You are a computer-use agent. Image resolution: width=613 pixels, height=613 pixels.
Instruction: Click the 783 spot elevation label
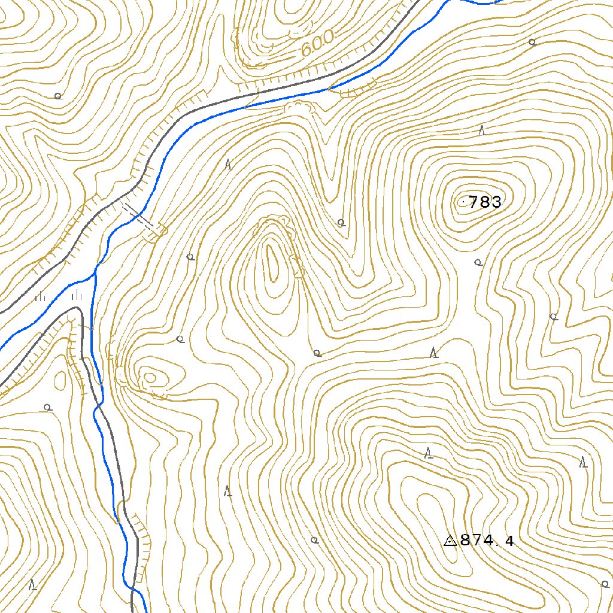tap(485, 202)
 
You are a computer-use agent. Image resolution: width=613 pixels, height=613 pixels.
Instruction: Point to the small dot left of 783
tap(465, 202)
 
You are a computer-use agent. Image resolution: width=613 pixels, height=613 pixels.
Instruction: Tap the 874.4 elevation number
tap(487, 541)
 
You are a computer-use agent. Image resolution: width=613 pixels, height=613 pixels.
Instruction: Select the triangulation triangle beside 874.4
tap(450, 541)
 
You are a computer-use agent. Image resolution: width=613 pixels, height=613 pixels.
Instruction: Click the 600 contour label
tap(317, 43)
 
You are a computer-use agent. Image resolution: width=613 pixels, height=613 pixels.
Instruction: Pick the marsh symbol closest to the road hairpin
tap(76, 295)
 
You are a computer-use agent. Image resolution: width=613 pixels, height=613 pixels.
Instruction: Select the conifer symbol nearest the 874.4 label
tap(428, 454)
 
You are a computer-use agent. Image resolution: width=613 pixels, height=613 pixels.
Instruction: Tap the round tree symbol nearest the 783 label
tap(478, 262)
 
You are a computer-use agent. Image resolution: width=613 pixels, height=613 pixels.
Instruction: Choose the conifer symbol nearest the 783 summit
tap(481, 131)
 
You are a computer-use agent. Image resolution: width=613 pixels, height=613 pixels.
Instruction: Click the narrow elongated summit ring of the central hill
tap(272, 263)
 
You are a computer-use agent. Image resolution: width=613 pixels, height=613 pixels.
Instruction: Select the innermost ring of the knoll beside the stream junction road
tap(149, 377)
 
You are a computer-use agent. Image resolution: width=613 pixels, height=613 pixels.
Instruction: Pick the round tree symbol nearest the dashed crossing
tap(190, 257)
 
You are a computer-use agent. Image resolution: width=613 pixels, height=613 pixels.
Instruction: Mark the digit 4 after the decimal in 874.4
tap(509, 542)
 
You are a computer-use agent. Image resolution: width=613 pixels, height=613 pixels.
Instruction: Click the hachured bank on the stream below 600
tap(353, 90)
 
